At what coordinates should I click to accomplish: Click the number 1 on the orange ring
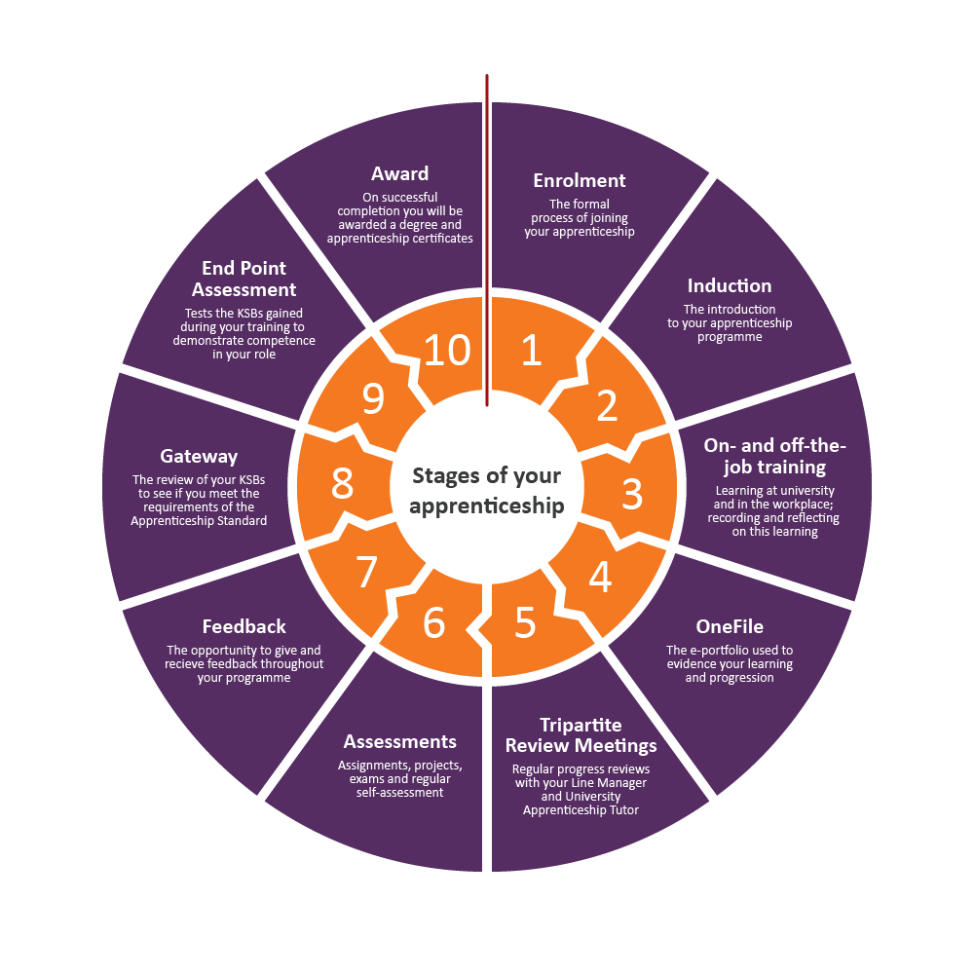(531, 351)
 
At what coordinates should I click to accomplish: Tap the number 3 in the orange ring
(632, 495)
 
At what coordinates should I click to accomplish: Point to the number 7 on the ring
(366, 573)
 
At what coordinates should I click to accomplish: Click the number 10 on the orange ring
(447, 351)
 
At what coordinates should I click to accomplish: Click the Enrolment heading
(580, 180)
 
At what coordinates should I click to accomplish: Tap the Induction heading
(730, 285)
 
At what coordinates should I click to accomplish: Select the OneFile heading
(730, 626)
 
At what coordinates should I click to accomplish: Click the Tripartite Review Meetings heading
(581, 735)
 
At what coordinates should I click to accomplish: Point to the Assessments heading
(399, 742)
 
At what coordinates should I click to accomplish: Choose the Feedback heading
(243, 626)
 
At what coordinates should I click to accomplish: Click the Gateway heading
(199, 456)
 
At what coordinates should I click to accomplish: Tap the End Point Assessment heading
(243, 279)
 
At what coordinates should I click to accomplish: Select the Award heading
(399, 173)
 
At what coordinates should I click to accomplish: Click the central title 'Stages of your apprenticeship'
(486, 491)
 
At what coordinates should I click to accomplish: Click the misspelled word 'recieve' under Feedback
(189, 664)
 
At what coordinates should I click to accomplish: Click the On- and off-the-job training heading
(775, 456)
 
